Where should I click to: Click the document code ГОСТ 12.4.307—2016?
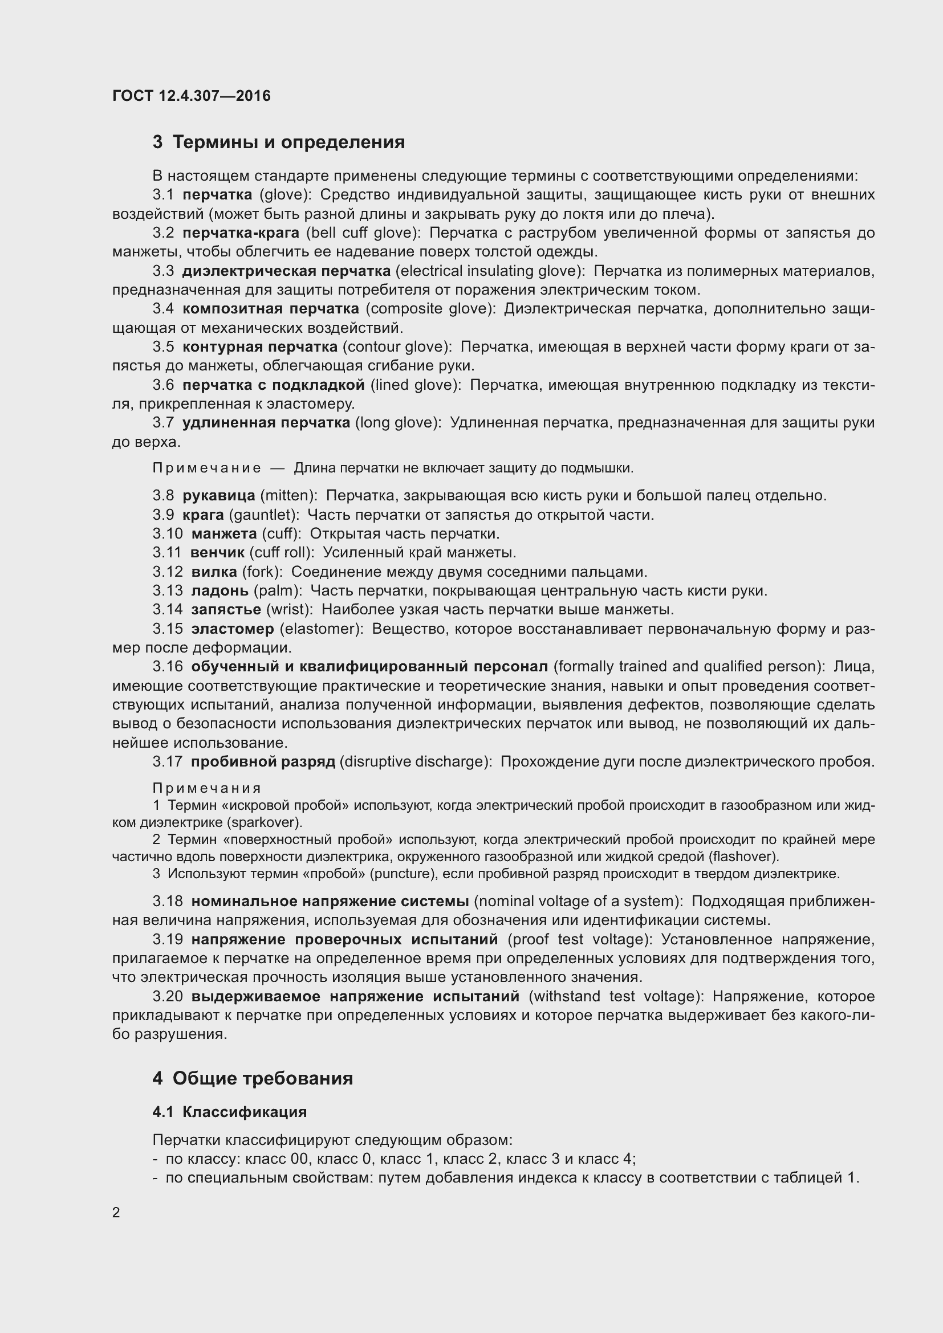(x=192, y=96)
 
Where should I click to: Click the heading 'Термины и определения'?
(x=288, y=142)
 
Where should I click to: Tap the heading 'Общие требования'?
(x=262, y=1078)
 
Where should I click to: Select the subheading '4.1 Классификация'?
(x=229, y=1112)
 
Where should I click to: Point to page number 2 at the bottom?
(x=116, y=1212)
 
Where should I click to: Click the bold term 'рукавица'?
(x=219, y=495)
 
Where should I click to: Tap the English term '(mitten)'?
(x=288, y=495)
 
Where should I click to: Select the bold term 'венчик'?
(x=217, y=552)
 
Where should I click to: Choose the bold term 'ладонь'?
(x=220, y=591)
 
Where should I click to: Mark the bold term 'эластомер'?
(x=232, y=629)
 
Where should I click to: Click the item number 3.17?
(x=167, y=761)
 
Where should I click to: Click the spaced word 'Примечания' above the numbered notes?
(x=207, y=788)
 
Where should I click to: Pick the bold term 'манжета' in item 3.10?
(x=224, y=533)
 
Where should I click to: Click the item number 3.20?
(x=167, y=996)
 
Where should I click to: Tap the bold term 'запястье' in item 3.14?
(x=226, y=610)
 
